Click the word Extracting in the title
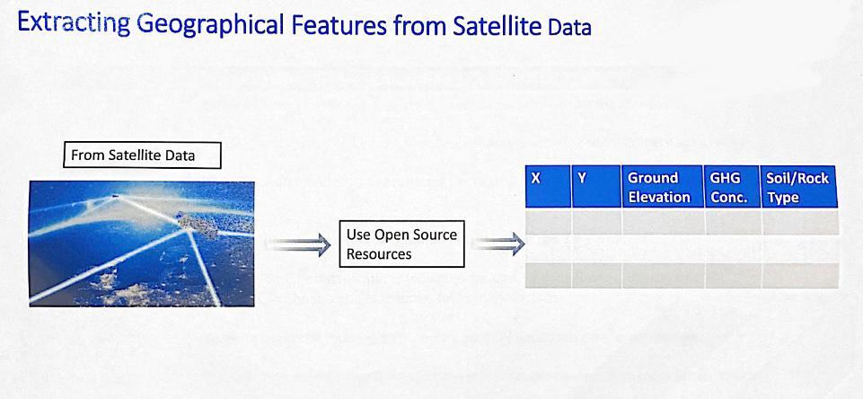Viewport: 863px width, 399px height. click(x=75, y=24)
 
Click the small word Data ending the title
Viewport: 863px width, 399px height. click(x=569, y=28)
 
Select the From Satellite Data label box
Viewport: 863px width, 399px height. click(x=142, y=155)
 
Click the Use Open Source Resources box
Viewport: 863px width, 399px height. click(x=401, y=244)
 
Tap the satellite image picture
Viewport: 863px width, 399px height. click(x=142, y=244)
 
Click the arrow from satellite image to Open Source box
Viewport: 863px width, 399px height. click(x=298, y=244)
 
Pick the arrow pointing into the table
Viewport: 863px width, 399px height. click(x=498, y=243)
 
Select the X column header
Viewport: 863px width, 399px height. click(x=548, y=186)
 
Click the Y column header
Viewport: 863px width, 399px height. click(x=596, y=186)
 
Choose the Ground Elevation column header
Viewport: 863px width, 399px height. click(x=663, y=186)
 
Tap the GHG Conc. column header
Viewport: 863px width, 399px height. click(x=732, y=186)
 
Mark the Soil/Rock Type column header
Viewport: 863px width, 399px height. click(x=799, y=186)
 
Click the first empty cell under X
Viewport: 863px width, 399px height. click(x=548, y=222)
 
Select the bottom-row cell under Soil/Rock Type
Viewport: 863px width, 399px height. click(x=800, y=275)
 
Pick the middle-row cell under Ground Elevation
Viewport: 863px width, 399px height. click(x=663, y=249)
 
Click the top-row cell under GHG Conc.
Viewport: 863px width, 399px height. click(x=733, y=222)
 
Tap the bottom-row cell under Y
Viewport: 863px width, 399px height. click(x=596, y=275)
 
